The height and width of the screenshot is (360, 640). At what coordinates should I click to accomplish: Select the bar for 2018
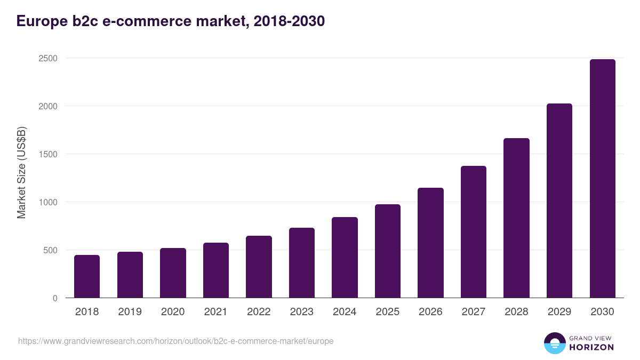87,276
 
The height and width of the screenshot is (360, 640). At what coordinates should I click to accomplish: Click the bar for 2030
603,179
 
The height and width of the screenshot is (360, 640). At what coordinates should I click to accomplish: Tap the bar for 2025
388,251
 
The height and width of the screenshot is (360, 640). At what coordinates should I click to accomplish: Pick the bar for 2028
516,218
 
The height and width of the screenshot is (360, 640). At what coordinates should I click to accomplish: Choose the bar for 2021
216,270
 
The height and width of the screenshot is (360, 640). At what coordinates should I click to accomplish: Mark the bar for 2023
302,263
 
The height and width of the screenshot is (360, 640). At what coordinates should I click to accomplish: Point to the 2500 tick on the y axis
48,58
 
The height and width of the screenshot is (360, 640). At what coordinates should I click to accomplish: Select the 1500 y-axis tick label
48,154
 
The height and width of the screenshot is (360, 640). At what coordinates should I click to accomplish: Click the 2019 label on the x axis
130,312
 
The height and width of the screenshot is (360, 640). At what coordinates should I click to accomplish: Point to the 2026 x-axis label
430,312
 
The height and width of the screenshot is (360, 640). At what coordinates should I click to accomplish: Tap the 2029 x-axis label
559,312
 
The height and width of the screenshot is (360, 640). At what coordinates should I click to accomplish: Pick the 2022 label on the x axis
259,312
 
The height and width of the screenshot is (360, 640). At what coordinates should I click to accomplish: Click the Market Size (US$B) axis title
22,172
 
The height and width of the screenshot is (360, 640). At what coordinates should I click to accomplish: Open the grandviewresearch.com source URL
176,341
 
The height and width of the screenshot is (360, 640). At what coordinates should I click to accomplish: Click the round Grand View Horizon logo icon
555,343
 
